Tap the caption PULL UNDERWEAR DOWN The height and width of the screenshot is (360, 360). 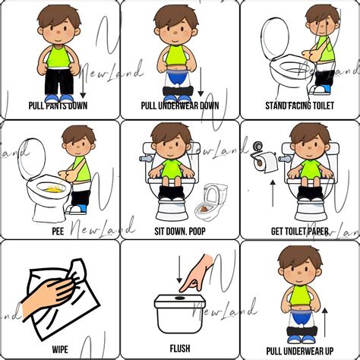coord(180,106)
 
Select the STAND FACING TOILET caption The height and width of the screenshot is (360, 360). coord(300,106)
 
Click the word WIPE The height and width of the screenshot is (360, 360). coord(60,350)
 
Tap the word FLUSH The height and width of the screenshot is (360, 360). coord(180,350)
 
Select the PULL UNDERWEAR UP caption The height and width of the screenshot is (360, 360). coord(301,350)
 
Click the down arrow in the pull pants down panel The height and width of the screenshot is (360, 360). coord(83,84)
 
